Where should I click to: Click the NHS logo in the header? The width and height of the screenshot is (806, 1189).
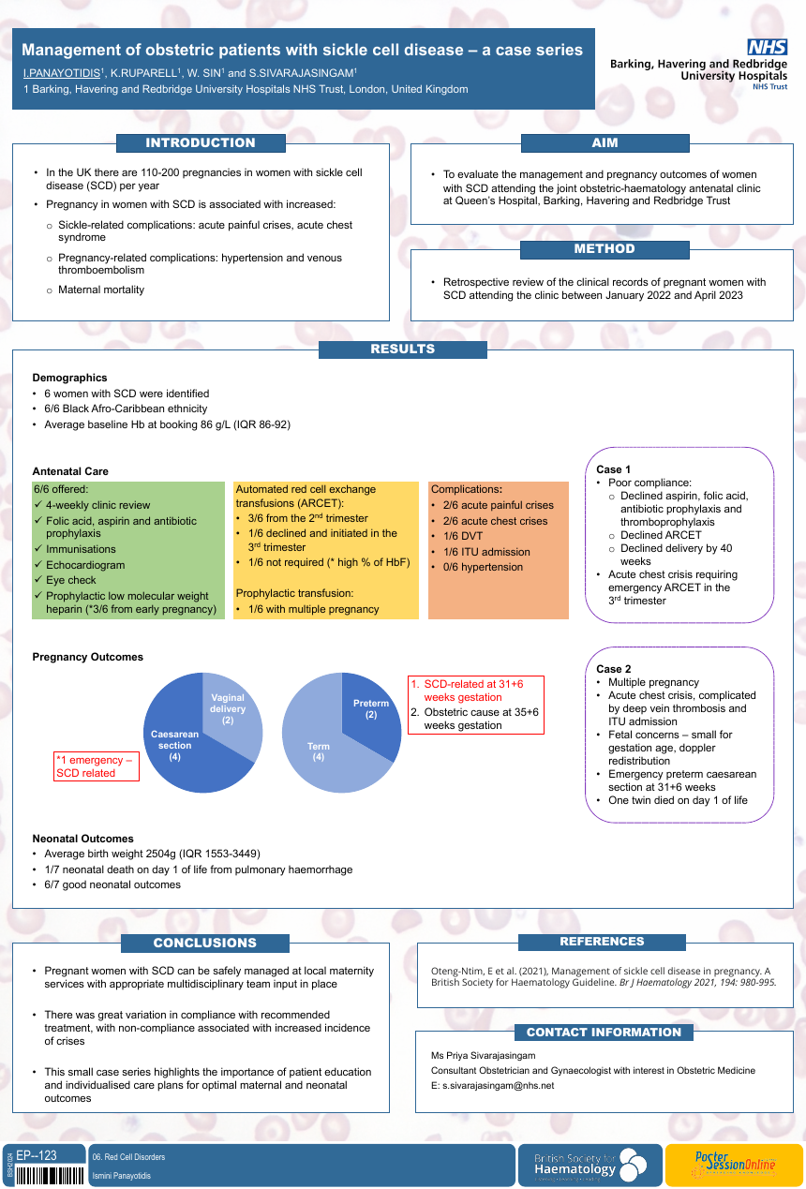tap(768, 47)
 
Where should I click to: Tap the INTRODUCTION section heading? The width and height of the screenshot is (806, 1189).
tap(201, 142)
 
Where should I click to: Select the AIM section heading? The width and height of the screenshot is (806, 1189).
tap(604, 142)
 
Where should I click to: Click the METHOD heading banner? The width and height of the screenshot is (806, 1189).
tap(604, 249)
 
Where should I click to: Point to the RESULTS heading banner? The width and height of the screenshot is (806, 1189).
tap(402, 349)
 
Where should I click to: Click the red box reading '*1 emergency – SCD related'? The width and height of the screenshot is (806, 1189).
tap(97, 766)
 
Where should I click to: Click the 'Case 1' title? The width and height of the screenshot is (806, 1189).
tap(613, 469)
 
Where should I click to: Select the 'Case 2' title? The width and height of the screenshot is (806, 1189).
tap(613, 669)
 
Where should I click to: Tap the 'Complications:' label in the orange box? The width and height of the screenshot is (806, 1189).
tap(466, 489)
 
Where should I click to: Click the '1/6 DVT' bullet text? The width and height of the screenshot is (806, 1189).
tap(463, 536)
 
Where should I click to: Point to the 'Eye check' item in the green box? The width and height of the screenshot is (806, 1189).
tap(70, 580)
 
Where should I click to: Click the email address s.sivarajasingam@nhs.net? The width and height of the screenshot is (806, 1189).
tap(498, 1086)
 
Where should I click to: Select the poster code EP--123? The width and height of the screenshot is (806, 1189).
tap(37, 1155)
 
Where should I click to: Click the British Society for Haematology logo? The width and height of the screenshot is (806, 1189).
tap(590, 1166)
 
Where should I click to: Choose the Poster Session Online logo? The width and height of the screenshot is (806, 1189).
tap(735, 1164)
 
